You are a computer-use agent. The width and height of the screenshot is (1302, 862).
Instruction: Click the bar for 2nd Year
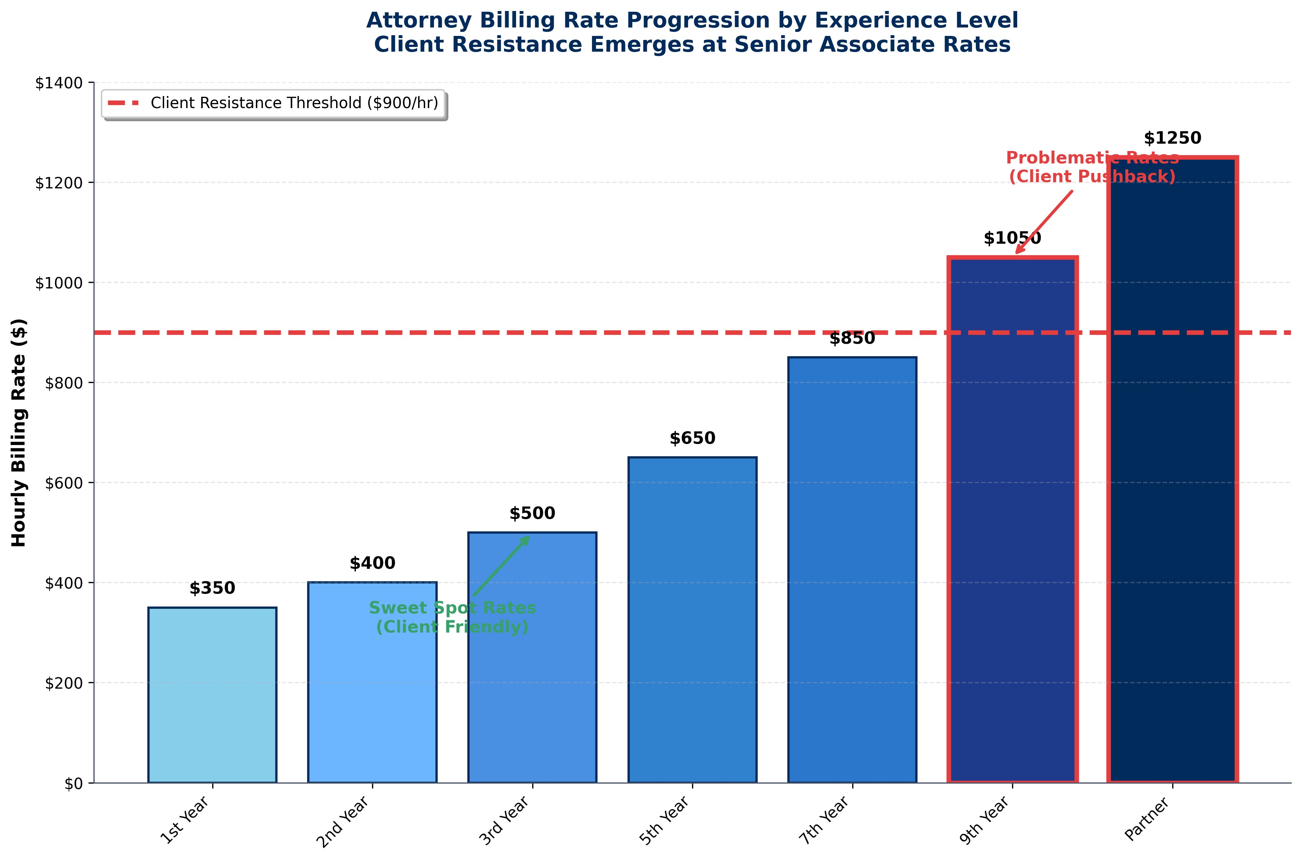372,682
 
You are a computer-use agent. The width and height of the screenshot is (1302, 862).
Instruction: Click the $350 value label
212,588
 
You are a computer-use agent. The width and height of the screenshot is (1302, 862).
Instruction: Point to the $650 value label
692,438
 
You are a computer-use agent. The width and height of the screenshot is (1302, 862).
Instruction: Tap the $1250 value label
1172,138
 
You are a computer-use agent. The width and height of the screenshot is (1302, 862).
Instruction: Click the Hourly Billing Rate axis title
19,432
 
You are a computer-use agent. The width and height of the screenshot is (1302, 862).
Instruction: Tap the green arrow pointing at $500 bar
501,566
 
